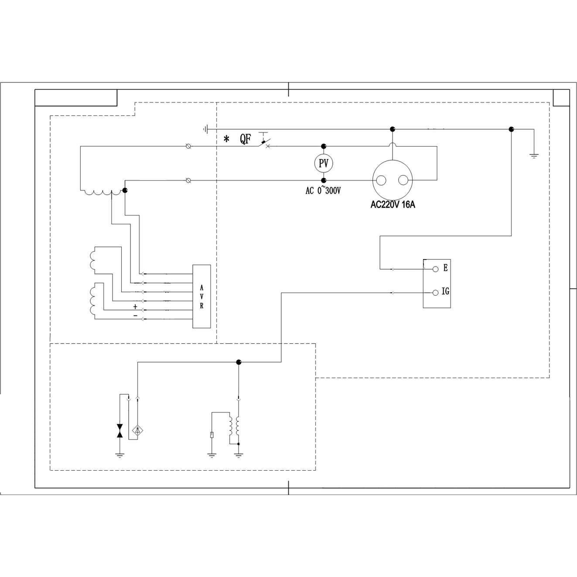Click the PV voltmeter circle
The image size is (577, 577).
324,163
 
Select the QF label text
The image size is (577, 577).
246,140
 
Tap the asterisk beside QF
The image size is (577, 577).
226,140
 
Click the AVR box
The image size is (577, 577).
201,296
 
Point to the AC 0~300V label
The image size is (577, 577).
323,191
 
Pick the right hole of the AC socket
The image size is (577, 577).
403,180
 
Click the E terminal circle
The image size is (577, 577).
435,269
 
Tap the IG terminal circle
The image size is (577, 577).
435,293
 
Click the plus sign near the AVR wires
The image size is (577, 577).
135,307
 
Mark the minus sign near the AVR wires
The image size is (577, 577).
135,315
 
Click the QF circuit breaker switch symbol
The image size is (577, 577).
265,142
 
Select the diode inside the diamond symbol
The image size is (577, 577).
137,431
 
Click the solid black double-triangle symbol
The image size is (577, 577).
120,431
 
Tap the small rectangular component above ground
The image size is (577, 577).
212,435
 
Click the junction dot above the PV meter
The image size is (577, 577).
324,146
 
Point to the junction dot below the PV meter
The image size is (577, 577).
324,180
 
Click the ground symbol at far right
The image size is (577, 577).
534,155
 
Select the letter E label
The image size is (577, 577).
445,268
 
